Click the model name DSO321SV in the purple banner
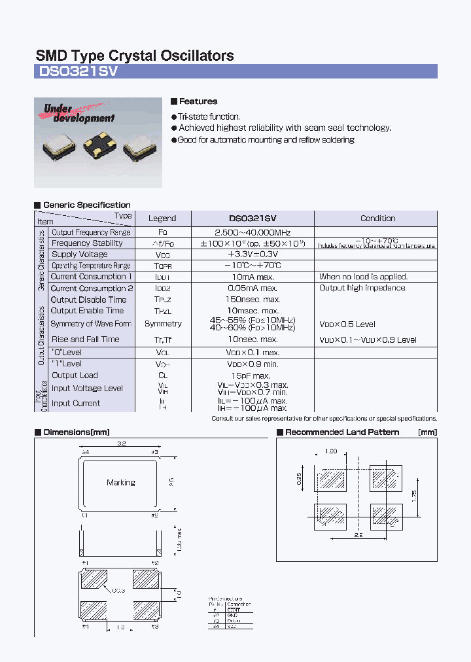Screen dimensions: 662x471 click(x=77, y=72)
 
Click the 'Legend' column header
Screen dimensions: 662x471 click(x=162, y=218)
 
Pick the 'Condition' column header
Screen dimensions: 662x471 click(x=377, y=218)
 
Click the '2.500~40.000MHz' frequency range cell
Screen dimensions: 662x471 click(x=252, y=232)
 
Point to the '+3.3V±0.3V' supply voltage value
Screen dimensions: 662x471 click(x=252, y=254)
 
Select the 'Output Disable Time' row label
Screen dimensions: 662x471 click(x=88, y=300)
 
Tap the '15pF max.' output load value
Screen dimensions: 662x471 click(x=252, y=375)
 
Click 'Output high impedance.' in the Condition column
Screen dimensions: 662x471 click(x=362, y=288)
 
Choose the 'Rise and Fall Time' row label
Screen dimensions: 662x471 click(x=86, y=340)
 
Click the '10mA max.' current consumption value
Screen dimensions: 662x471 click(x=252, y=277)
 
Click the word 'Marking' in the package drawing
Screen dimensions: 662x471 click(x=121, y=483)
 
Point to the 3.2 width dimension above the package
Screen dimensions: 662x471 click(x=121, y=443)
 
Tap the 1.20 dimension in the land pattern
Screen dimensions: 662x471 click(x=331, y=452)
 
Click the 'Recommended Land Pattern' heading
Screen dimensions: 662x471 click(x=342, y=432)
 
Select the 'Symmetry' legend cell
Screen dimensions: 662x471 click(x=163, y=324)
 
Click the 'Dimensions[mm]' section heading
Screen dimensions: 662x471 click(x=76, y=432)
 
